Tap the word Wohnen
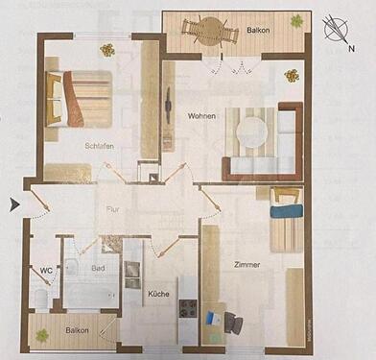(x=201, y=115)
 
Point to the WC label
(x=45, y=271)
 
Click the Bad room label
(x=98, y=270)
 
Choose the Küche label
(x=159, y=295)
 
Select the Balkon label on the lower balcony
(x=77, y=331)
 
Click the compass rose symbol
(x=337, y=30)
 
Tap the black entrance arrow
(x=13, y=204)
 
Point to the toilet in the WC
(x=38, y=298)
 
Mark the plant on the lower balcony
(x=42, y=335)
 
